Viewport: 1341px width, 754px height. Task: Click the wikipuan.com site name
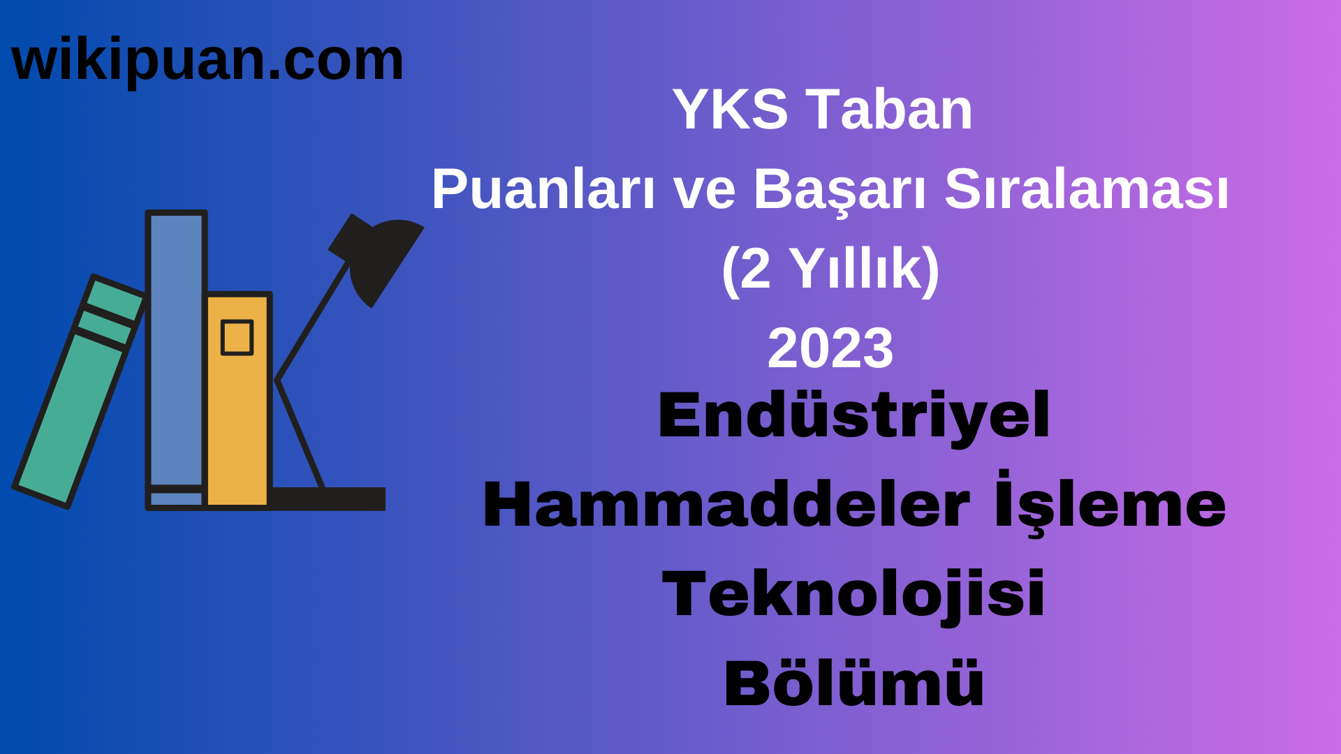(x=207, y=61)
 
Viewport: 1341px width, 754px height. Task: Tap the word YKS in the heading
(x=730, y=110)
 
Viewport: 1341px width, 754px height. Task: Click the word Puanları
(x=543, y=190)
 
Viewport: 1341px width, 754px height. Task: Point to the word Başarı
(x=840, y=190)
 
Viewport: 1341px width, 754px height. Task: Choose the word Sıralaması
(x=1086, y=190)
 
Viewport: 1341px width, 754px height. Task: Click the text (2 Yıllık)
(x=830, y=269)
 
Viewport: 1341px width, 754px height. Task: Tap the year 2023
(x=830, y=348)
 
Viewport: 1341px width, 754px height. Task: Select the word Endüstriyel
(x=853, y=416)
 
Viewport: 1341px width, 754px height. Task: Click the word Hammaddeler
(x=726, y=505)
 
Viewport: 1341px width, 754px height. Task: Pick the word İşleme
(x=1111, y=504)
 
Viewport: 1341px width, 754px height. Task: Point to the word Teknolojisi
(x=853, y=594)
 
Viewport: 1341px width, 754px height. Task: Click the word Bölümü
(x=853, y=683)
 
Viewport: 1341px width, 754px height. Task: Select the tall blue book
(x=176, y=349)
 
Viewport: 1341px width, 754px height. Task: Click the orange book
(x=237, y=419)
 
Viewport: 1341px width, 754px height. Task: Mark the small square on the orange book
(x=237, y=338)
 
